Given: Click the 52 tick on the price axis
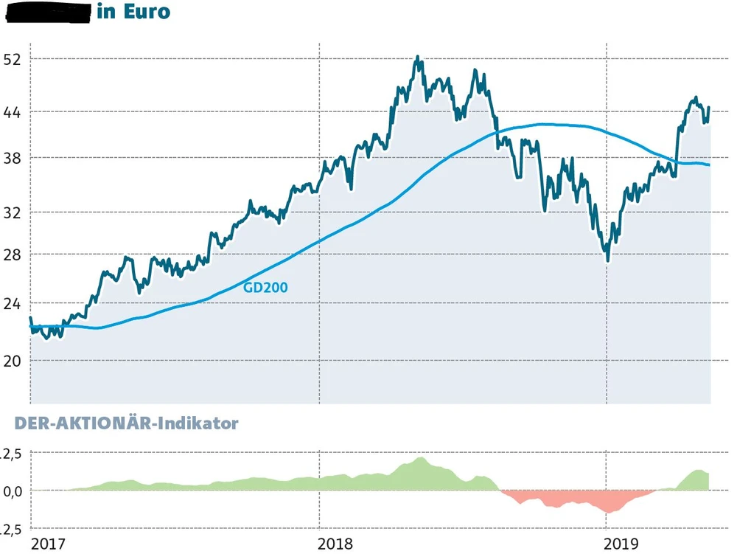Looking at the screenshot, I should click(13, 59).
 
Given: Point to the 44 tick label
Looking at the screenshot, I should click(13, 112).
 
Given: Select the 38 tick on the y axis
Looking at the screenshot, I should click(13, 158).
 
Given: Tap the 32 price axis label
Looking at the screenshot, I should click(13, 212).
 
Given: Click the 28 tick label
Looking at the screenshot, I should click(13, 255).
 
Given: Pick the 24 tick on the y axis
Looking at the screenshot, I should click(13, 304).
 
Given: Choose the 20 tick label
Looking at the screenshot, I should click(13, 360).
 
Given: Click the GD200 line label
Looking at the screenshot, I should click(265, 288).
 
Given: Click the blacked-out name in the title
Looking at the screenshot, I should click(48, 12).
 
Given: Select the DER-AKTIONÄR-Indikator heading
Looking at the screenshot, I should click(119, 423).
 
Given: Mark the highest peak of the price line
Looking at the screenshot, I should click(418, 57).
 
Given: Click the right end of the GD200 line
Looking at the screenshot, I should click(710, 165).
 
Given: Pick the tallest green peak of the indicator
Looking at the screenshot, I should click(421, 458).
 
